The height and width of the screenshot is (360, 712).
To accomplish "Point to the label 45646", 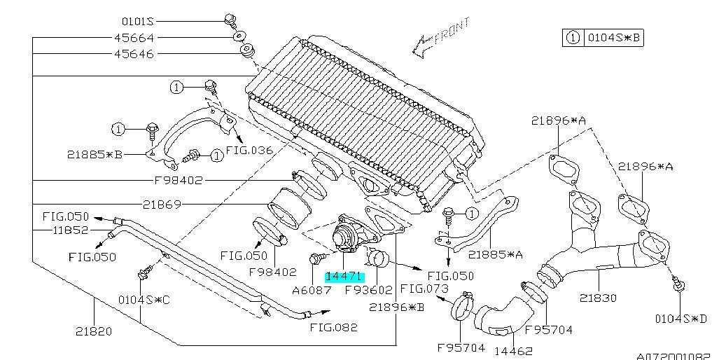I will pyautogui.click(x=133, y=54).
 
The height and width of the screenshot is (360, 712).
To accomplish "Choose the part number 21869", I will pyautogui.click(x=162, y=205).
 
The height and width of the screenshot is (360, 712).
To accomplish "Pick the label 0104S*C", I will pyautogui.click(x=144, y=300).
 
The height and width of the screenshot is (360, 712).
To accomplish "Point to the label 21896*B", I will pyautogui.click(x=396, y=307).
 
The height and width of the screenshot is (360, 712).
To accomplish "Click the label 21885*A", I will pyautogui.click(x=496, y=255).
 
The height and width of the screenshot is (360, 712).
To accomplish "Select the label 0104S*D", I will pyautogui.click(x=680, y=319).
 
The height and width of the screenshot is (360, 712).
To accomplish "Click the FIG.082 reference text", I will pyautogui.click(x=333, y=327).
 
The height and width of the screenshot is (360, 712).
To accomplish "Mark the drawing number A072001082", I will pyautogui.click(x=673, y=354).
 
